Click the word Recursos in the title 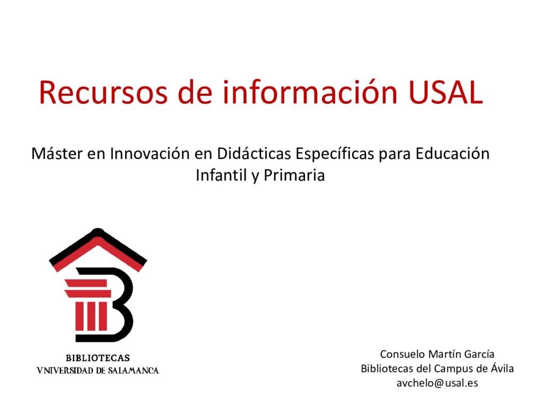[103, 92]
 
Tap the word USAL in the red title [445, 92]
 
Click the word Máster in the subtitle [57, 153]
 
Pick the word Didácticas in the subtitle [254, 153]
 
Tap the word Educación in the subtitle [453, 153]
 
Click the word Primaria [294, 175]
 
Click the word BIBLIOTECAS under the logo [98, 358]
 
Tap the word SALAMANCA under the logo [133, 370]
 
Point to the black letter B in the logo [114, 305]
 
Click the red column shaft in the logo [91, 316]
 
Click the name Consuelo [402, 354]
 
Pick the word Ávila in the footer [502, 368]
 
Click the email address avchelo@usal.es [437, 383]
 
